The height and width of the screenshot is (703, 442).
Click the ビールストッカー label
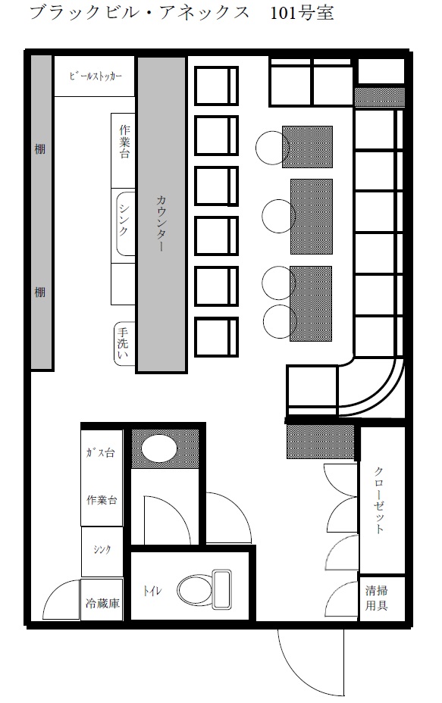[95, 77]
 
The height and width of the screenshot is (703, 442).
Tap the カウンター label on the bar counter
[161, 223]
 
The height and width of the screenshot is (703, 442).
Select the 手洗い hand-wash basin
[124, 343]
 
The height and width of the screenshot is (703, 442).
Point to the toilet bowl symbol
[204, 590]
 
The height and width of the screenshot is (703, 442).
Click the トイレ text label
[152, 591]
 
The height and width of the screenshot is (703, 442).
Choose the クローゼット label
[379, 499]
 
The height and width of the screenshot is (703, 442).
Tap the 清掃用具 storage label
[376, 598]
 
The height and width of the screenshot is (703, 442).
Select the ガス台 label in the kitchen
[100, 452]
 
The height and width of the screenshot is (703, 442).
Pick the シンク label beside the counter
[124, 219]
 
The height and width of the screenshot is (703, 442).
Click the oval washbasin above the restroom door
[158, 448]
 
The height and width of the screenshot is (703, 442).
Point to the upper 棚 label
[40, 148]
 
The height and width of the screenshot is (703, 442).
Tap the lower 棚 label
[40, 292]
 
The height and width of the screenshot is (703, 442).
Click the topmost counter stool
[216, 86]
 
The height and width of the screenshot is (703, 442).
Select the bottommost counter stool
[216, 336]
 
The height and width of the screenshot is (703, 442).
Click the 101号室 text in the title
[302, 13]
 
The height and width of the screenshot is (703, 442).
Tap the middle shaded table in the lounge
[312, 216]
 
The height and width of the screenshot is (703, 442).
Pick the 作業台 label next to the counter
[124, 142]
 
